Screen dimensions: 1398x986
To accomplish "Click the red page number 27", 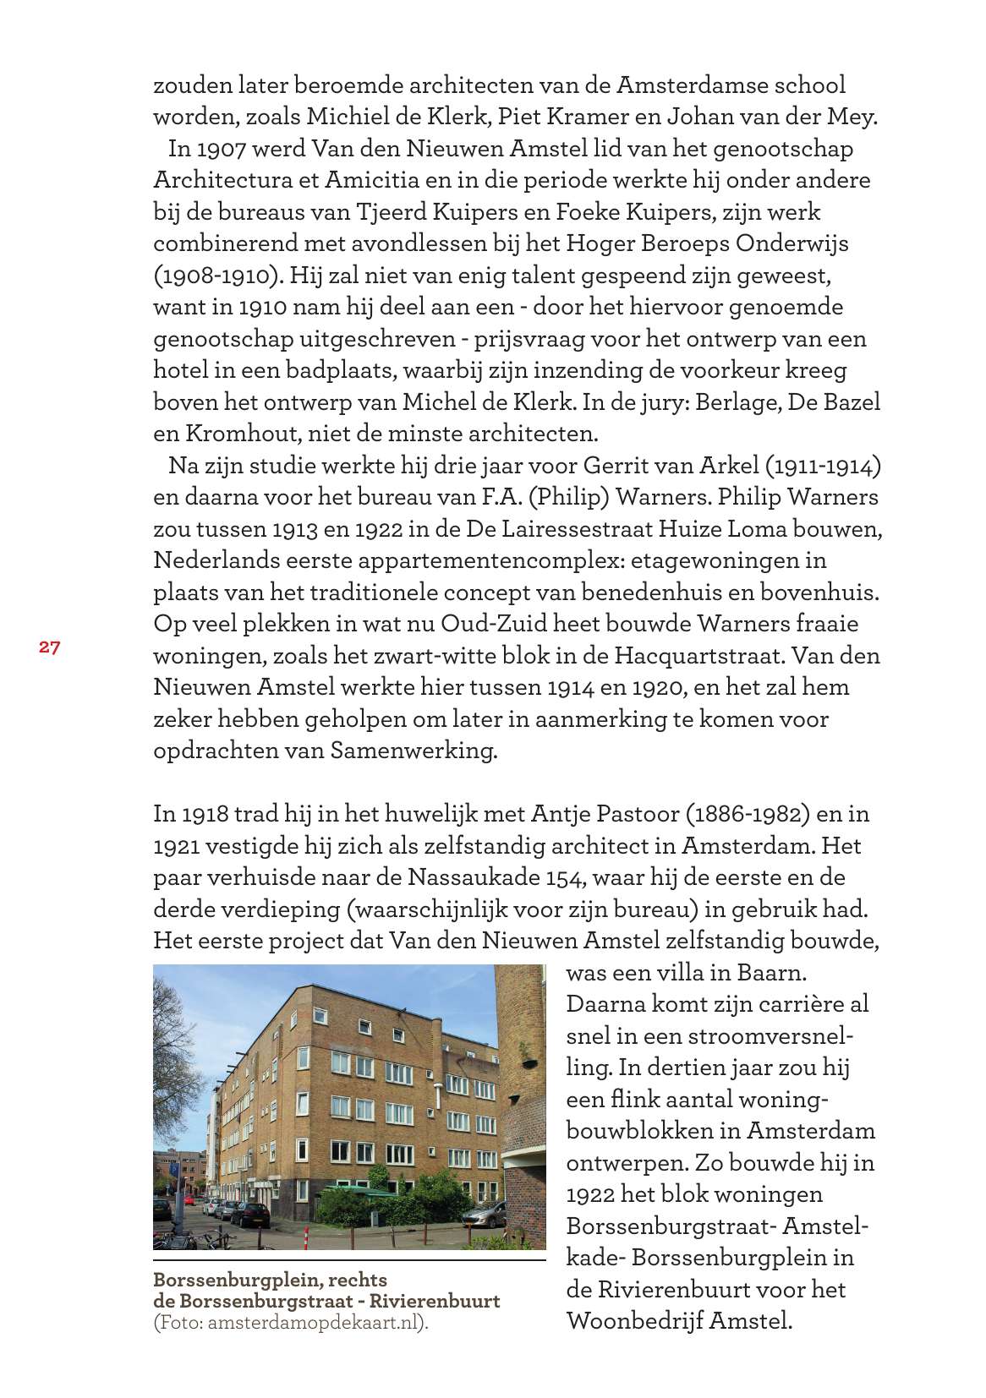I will [x=49, y=647].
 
